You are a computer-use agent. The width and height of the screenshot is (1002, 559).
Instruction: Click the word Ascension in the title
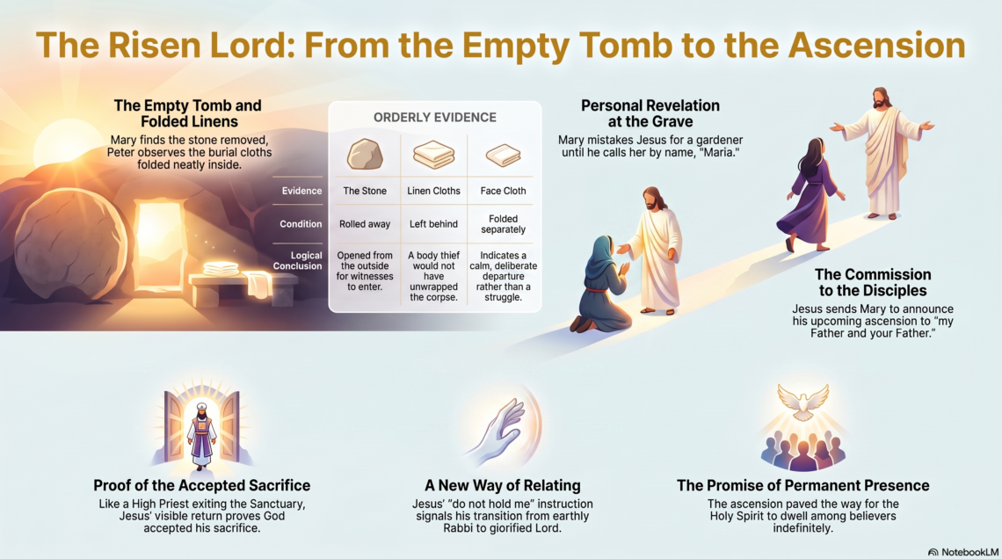tap(876, 46)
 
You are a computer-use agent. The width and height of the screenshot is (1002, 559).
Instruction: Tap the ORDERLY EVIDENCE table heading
tap(434, 118)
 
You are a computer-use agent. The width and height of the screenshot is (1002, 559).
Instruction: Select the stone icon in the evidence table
tap(365, 154)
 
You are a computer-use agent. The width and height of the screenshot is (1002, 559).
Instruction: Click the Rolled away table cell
tap(365, 224)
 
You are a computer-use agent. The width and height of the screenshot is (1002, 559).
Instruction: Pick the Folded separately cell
tap(503, 224)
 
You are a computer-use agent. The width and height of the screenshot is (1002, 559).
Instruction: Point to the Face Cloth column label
tap(503, 191)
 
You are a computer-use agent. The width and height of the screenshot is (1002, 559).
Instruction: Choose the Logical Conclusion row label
tap(298, 261)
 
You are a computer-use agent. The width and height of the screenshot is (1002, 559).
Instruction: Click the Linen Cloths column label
tap(433, 191)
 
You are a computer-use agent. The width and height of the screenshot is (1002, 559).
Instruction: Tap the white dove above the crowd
tap(802, 402)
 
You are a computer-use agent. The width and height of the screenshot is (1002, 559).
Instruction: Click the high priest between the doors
tap(202, 434)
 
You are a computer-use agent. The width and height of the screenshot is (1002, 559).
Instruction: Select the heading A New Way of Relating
tap(502, 485)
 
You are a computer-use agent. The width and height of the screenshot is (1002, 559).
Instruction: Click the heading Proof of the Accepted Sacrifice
tap(202, 485)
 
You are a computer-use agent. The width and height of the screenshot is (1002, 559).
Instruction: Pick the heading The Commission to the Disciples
tap(873, 282)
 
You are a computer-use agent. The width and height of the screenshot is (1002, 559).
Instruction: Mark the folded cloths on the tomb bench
tap(221, 269)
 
